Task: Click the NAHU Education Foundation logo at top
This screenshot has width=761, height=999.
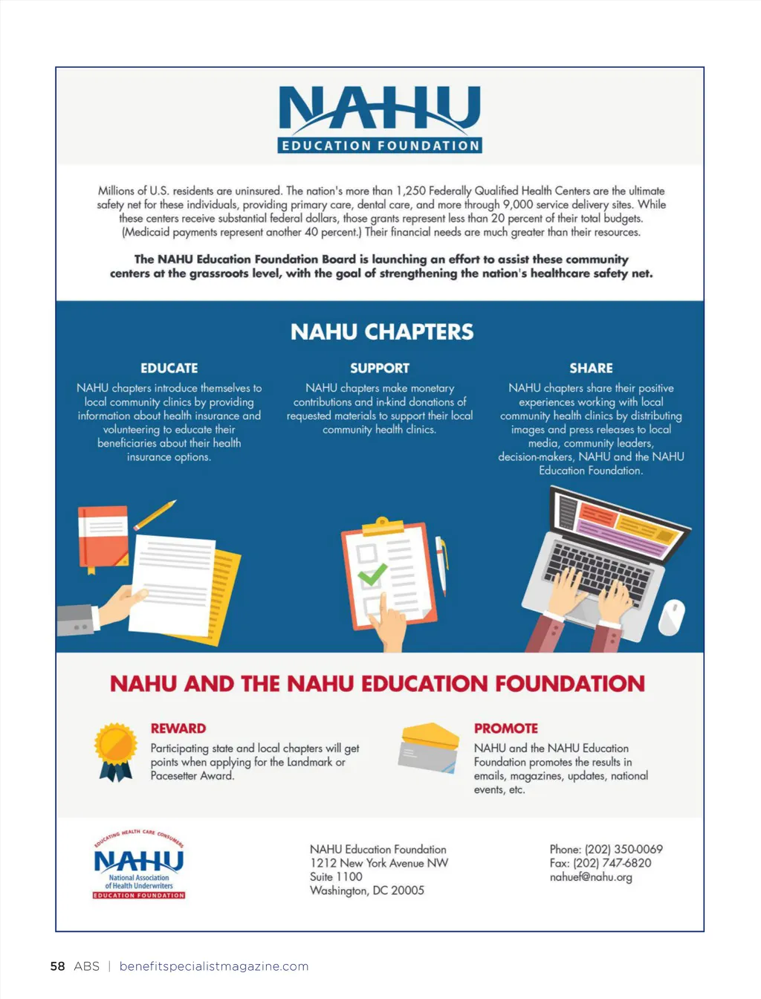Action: [x=380, y=119]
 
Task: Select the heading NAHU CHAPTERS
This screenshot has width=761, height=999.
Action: [x=381, y=332]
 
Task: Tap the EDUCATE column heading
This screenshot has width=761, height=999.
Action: [x=169, y=368]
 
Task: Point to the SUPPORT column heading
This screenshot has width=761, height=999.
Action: [x=380, y=368]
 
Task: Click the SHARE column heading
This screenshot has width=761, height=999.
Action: [x=591, y=368]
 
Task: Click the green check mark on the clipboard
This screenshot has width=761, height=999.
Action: [x=372, y=574]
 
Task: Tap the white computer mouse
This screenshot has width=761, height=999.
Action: [x=671, y=616]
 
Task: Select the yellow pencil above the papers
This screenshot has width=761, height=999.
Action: [x=155, y=515]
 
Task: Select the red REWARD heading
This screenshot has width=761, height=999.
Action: [x=178, y=728]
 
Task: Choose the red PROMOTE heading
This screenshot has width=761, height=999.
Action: [x=506, y=728]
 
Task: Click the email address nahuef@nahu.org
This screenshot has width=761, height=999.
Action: [x=591, y=877]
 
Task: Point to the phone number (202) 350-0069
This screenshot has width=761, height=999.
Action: [x=624, y=849]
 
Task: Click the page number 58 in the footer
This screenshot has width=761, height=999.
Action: [x=57, y=966]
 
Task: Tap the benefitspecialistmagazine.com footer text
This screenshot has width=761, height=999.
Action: [x=214, y=966]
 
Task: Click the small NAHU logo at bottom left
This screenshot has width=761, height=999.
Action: [x=139, y=864]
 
